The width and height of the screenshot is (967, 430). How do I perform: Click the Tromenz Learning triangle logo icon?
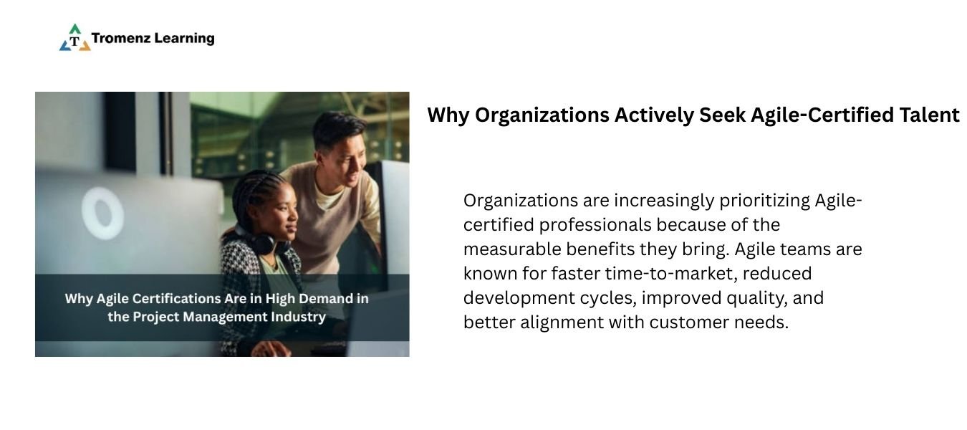click(74, 37)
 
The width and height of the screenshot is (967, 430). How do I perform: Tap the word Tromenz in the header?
click(120, 38)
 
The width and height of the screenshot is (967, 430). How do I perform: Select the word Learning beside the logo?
click(184, 39)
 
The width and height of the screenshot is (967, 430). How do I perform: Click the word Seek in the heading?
click(722, 115)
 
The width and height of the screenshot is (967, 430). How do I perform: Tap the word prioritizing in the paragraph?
click(764, 201)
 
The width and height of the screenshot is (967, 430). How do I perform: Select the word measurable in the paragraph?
click(512, 249)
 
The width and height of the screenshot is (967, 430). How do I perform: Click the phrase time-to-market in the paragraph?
click(671, 274)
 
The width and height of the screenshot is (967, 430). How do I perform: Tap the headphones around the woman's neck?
click(260, 241)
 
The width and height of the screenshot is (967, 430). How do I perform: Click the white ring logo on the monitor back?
click(102, 213)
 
